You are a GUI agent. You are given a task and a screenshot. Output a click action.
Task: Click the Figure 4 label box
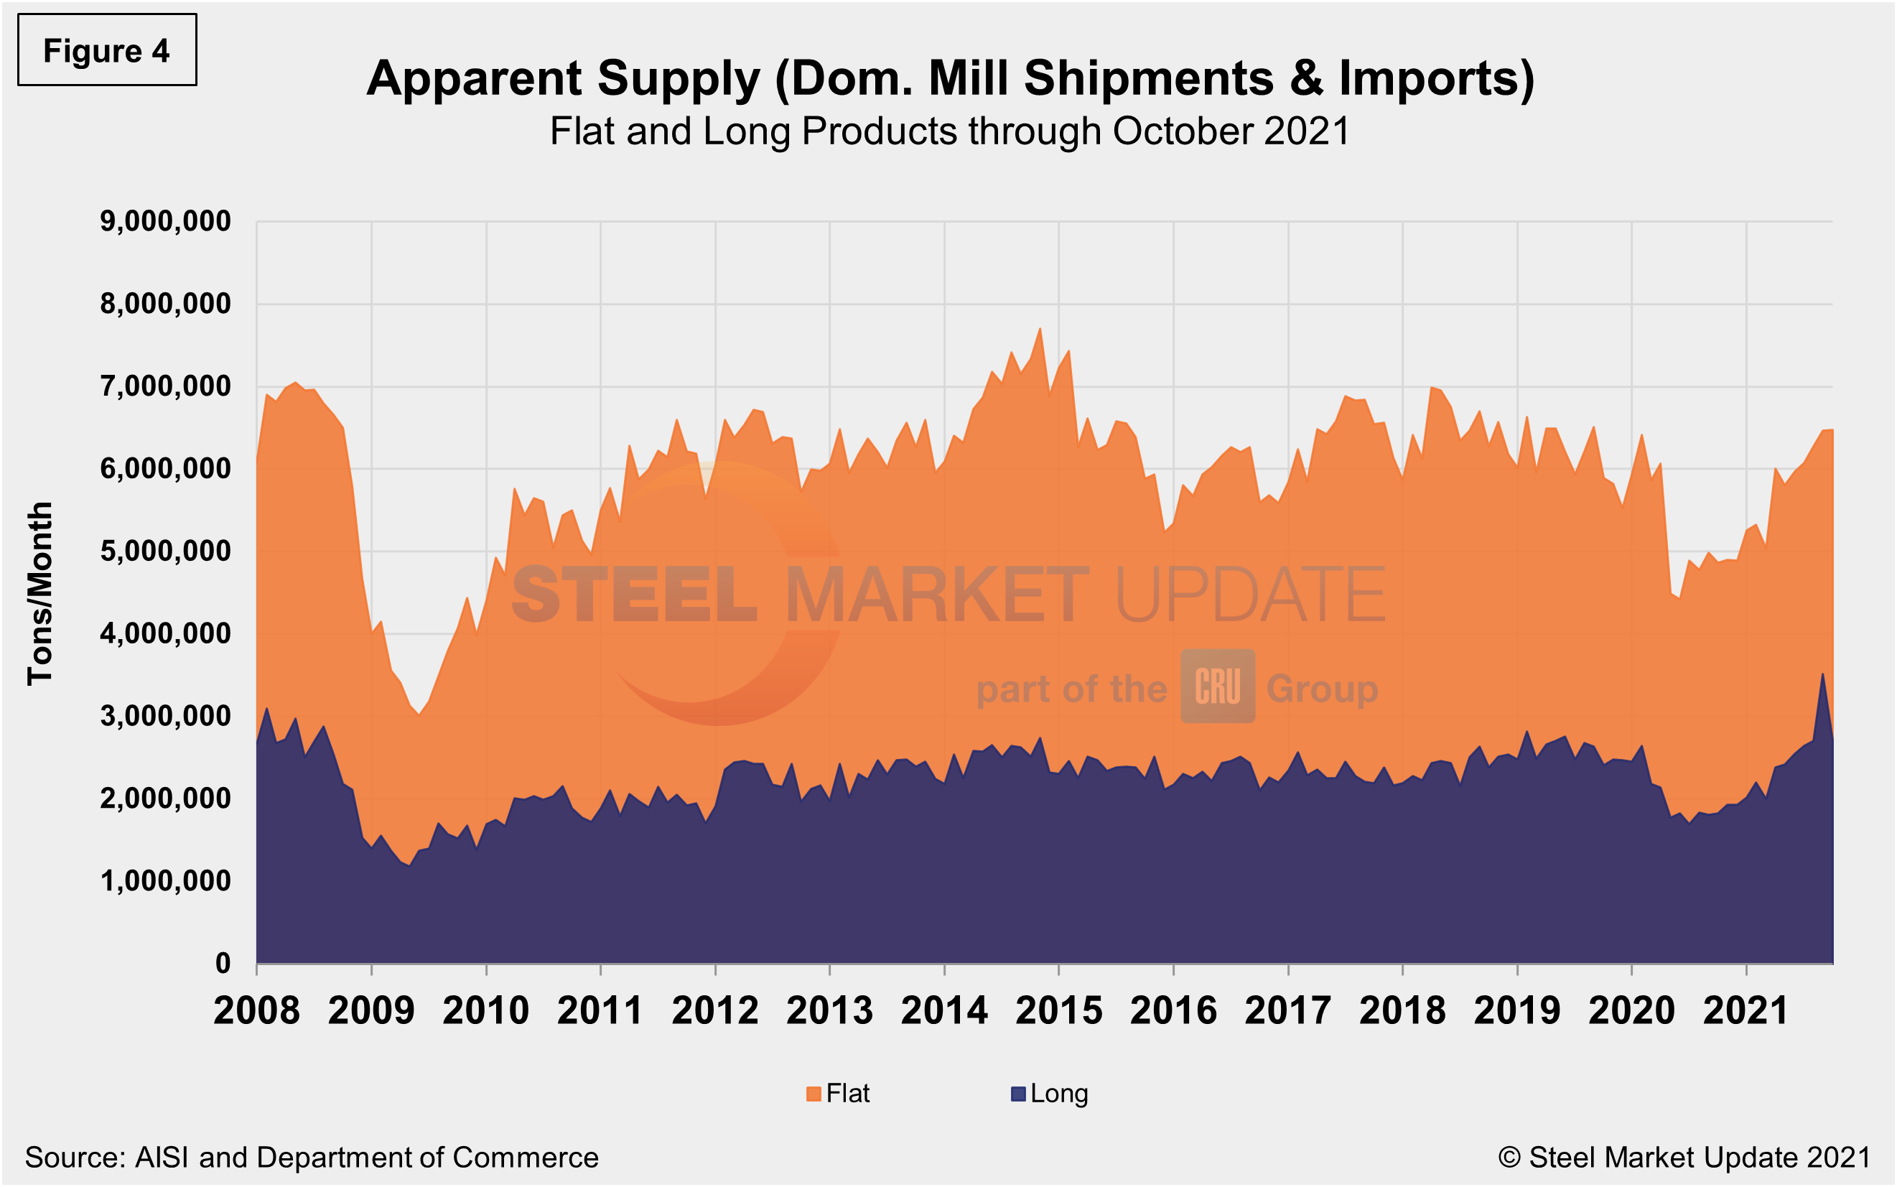click(x=107, y=50)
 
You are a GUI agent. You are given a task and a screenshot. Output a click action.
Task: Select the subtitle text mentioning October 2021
click(x=949, y=131)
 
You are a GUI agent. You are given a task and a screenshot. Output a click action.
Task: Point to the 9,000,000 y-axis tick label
click(x=166, y=221)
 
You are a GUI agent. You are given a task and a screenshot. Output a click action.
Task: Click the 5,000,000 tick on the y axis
click(x=166, y=551)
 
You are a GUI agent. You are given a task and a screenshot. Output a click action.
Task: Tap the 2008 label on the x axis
click(x=256, y=1010)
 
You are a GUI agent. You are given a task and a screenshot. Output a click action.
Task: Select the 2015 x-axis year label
click(x=1059, y=1010)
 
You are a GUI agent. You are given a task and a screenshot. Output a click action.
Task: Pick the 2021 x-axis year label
click(x=1746, y=1010)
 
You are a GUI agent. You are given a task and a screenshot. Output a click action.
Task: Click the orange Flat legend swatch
click(x=813, y=1094)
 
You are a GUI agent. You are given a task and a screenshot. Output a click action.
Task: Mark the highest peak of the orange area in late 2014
click(x=1040, y=330)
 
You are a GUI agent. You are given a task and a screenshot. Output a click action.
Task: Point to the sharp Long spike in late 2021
click(x=1822, y=675)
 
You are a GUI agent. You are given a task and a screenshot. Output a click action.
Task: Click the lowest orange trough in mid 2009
click(x=419, y=714)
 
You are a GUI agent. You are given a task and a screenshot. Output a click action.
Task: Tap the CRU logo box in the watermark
click(x=1217, y=686)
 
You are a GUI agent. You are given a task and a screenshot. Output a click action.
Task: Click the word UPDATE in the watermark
click(x=1249, y=595)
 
